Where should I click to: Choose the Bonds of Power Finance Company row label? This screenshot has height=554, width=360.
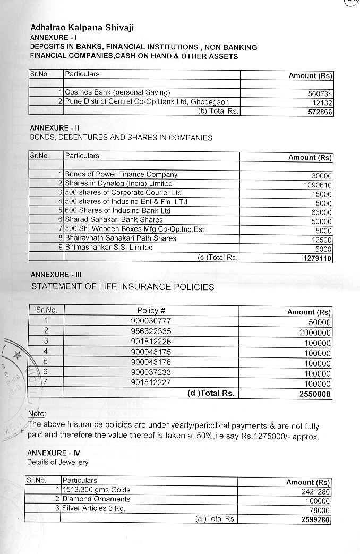click(x=121, y=175)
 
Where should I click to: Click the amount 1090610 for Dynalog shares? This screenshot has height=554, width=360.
click(x=316, y=185)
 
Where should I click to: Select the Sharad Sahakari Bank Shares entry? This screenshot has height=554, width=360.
click(x=114, y=220)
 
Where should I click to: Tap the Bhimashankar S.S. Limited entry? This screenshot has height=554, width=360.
click(x=109, y=248)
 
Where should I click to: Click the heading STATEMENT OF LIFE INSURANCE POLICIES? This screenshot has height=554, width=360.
click(x=123, y=287)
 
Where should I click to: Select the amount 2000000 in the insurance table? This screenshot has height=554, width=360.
click(x=313, y=333)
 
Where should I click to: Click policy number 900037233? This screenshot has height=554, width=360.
click(x=151, y=373)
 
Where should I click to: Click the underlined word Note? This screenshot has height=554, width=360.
click(x=37, y=414)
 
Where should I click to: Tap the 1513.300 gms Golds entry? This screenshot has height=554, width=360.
click(x=96, y=490)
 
